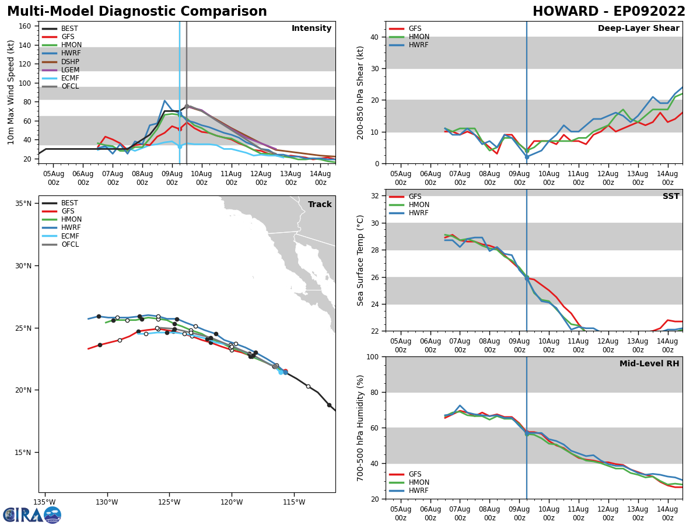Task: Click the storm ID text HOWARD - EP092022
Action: (x=609, y=12)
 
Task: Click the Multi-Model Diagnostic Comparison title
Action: (x=137, y=12)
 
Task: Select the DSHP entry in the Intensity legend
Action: (x=70, y=62)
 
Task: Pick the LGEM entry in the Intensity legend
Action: (x=70, y=70)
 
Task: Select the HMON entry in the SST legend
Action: (x=419, y=205)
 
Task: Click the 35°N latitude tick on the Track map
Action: (x=23, y=204)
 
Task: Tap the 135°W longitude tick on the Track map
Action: (x=44, y=502)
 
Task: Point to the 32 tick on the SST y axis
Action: (x=376, y=196)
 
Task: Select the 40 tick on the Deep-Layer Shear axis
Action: (x=374, y=37)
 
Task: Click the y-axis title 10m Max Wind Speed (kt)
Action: (x=10, y=92)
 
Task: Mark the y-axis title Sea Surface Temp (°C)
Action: (x=360, y=260)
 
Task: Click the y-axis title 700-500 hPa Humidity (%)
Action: (x=360, y=428)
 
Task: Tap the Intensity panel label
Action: (x=311, y=29)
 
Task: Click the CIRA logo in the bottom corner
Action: (x=32, y=514)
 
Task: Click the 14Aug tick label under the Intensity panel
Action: (x=320, y=178)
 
